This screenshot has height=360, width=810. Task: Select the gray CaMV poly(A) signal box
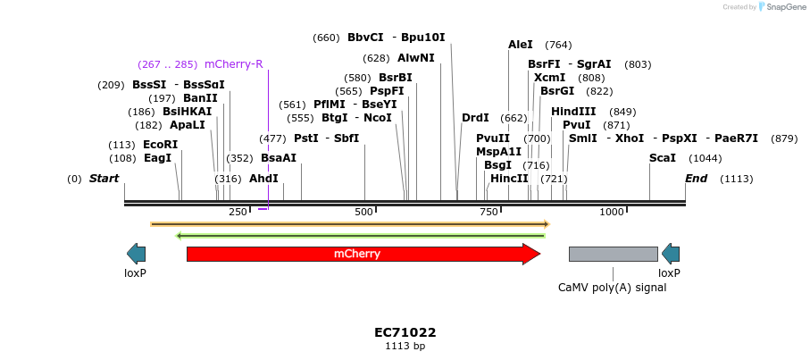(x=613, y=254)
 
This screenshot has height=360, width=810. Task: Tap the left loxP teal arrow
(x=136, y=254)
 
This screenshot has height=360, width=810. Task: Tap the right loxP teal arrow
(x=670, y=254)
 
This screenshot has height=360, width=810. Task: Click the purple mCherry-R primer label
(x=233, y=64)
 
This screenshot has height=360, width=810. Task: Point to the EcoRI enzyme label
(x=160, y=145)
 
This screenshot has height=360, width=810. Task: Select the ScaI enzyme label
(x=662, y=158)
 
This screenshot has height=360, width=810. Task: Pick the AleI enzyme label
(x=520, y=45)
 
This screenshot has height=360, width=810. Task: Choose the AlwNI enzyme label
(x=415, y=58)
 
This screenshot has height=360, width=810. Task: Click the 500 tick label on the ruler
(x=363, y=212)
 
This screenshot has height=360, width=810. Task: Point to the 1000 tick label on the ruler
(x=612, y=212)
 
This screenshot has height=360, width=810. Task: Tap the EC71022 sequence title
(x=405, y=332)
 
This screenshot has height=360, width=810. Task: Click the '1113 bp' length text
(x=405, y=346)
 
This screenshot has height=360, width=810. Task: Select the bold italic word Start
(x=104, y=179)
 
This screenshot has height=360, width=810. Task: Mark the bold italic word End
(x=696, y=179)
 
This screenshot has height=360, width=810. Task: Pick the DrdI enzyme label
(x=475, y=118)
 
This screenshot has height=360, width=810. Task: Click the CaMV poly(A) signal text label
(x=612, y=288)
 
